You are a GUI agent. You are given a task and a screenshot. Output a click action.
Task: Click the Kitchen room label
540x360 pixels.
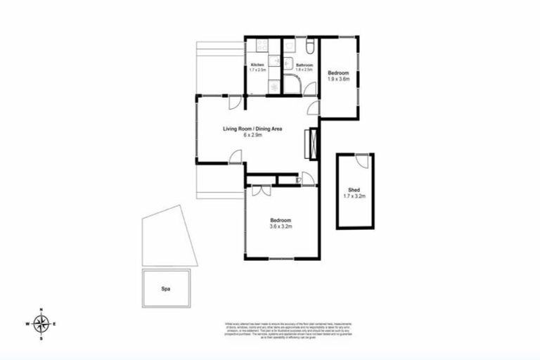(x=257, y=65)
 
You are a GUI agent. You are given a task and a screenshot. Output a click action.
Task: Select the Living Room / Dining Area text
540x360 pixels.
(x=252, y=129)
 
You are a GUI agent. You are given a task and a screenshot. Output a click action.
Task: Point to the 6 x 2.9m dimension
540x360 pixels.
(x=252, y=136)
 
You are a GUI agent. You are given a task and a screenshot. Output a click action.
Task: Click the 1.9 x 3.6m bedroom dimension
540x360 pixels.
(x=340, y=79)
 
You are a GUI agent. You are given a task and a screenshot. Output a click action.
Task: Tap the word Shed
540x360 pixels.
(x=354, y=189)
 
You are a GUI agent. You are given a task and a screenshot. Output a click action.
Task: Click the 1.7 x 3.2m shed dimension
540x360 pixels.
(x=354, y=196)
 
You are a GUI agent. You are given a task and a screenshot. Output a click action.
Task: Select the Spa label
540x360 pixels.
(x=166, y=288)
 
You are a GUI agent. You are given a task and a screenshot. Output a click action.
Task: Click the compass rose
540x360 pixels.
(x=41, y=323)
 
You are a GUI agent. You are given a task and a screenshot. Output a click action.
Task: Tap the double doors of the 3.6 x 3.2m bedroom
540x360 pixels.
(x=261, y=191)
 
